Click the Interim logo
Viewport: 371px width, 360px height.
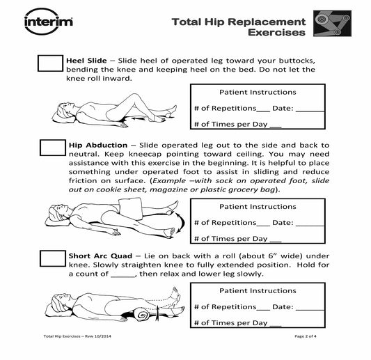(x=49, y=22)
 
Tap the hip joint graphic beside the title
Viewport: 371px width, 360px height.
(x=332, y=23)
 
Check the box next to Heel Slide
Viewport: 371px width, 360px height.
(x=50, y=63)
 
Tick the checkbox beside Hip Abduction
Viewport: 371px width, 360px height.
(x=53, y=148)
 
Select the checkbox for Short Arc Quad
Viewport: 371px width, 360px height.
(x=53, y=258)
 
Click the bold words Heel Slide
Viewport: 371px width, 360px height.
(x=86, y=61)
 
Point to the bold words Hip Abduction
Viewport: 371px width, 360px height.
(x=98, y=145)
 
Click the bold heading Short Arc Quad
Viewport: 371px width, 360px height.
(x=100, y=256)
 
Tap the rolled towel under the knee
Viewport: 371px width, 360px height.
(x=141, y=315)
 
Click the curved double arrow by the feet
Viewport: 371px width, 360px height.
(x=183, y=222)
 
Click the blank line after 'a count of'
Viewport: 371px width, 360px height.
(x=123, y=276)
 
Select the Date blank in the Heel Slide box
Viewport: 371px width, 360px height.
(x=310, y=111)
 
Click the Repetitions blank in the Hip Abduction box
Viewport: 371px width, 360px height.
(x=263, y=226)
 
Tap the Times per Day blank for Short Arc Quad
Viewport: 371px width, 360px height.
(x=276, y=326)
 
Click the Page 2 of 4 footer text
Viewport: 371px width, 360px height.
(x=306, y=336)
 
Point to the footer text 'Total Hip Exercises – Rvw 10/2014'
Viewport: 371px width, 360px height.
(x=77, y=336)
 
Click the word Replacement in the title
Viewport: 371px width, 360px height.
(x=267, y=22)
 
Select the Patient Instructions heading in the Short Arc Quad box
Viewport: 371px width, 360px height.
(x=258, y=290)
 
